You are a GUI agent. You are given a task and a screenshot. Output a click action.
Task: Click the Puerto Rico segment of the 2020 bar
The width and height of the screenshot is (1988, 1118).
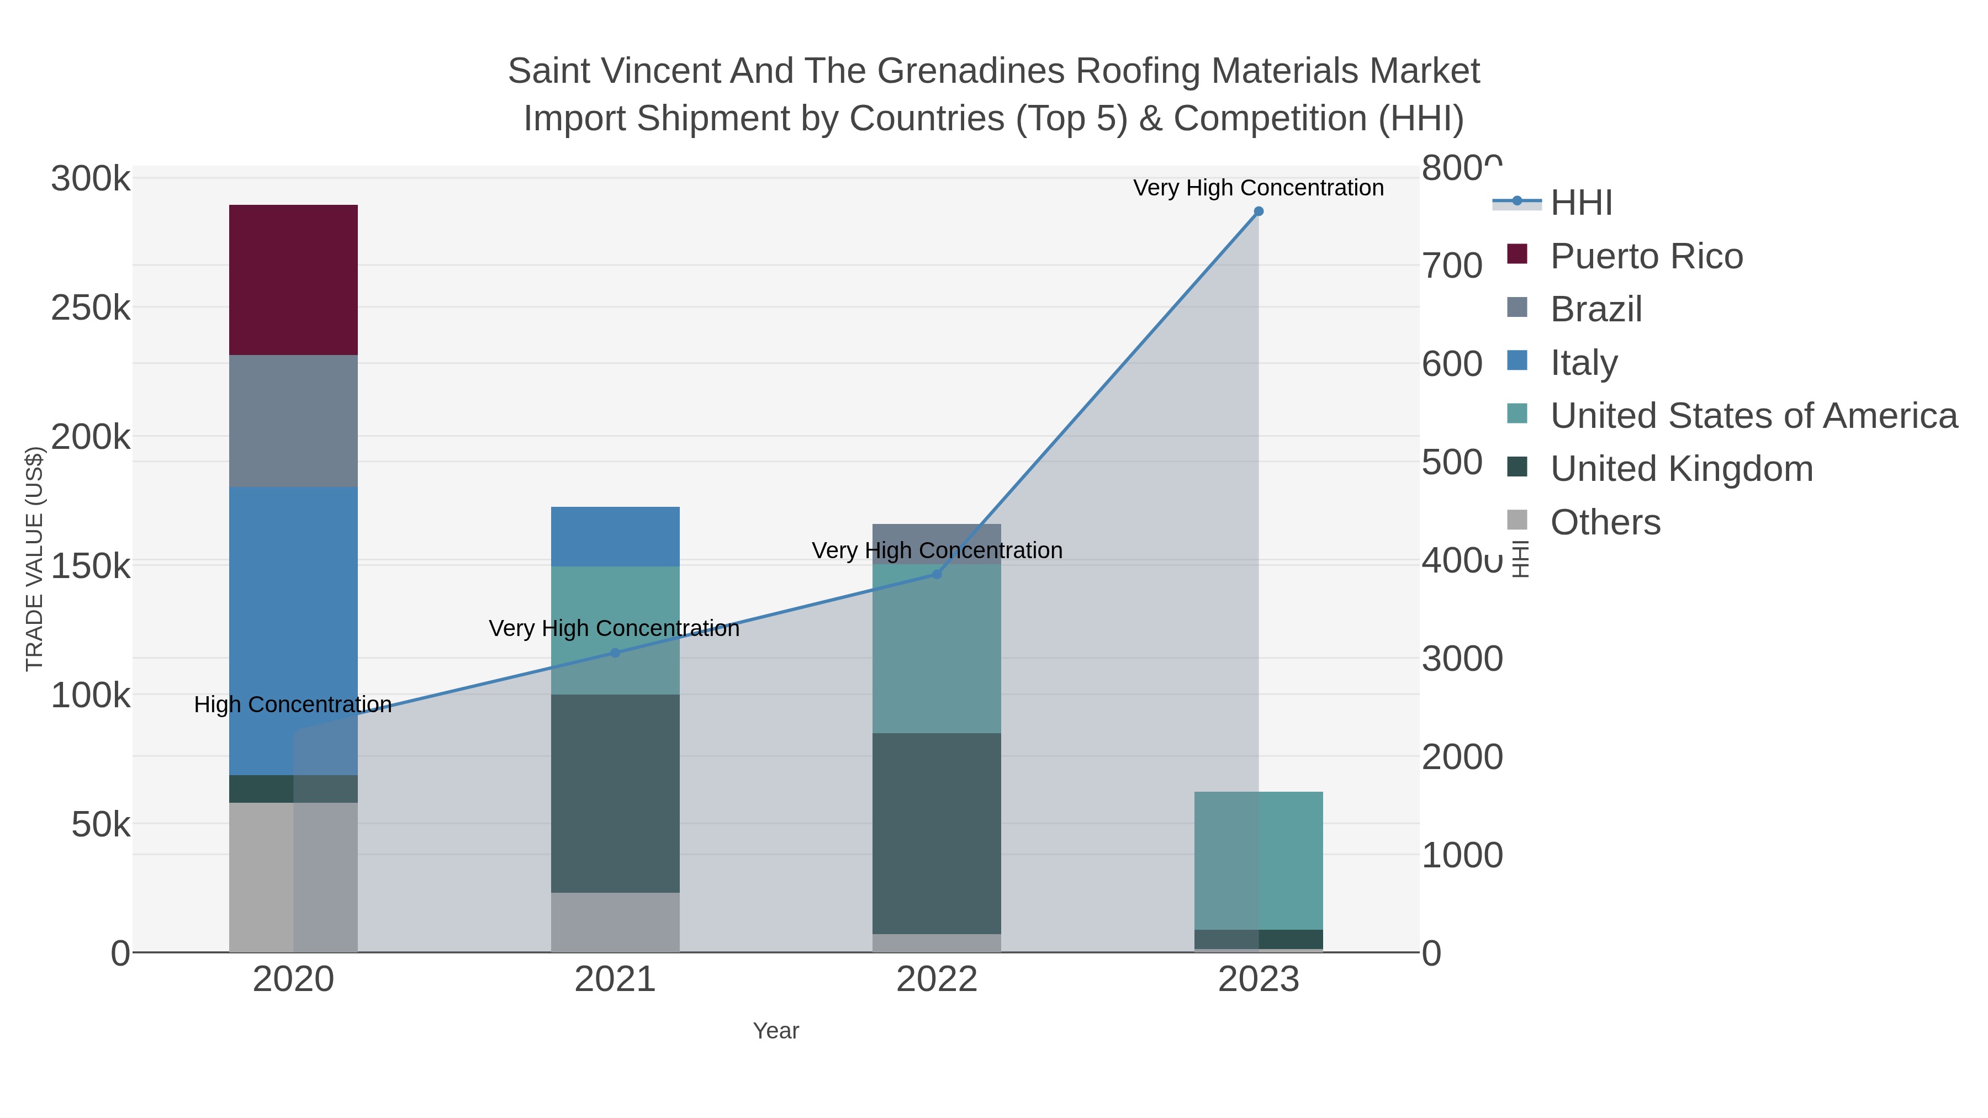click(x=293, y=279)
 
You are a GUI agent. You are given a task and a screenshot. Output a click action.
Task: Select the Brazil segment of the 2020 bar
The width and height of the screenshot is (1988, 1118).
click(x=293, y=421)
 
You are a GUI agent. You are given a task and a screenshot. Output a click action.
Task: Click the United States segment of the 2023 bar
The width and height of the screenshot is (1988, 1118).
click(x=1258, y=860)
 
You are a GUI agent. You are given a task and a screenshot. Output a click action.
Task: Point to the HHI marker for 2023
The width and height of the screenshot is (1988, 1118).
click(x=1259, y=211)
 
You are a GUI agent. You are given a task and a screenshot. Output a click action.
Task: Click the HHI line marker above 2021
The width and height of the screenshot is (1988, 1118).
click(x=615, y=653)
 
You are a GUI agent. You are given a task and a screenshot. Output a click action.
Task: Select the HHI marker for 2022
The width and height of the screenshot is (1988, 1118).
click(x=937, y=574)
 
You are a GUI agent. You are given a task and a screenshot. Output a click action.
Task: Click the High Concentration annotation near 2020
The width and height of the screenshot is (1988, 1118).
click(x=293, y=704)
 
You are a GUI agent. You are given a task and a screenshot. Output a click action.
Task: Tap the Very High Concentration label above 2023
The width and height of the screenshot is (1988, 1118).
click(x=1258, y=188)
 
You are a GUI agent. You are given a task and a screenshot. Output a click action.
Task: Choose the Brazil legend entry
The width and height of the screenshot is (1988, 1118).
click(x=1595, y=309)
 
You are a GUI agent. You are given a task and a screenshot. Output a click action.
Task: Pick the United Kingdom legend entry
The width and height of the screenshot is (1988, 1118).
click(x=1681, y=469)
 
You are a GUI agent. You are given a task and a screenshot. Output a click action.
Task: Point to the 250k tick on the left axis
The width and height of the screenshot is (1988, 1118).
click(x=91, y=309)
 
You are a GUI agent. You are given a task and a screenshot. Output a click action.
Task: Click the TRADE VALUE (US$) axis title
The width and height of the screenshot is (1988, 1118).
click(x=35, y=559)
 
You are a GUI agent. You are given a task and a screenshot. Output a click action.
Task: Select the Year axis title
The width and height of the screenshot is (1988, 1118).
click(x=776, y=1031)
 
